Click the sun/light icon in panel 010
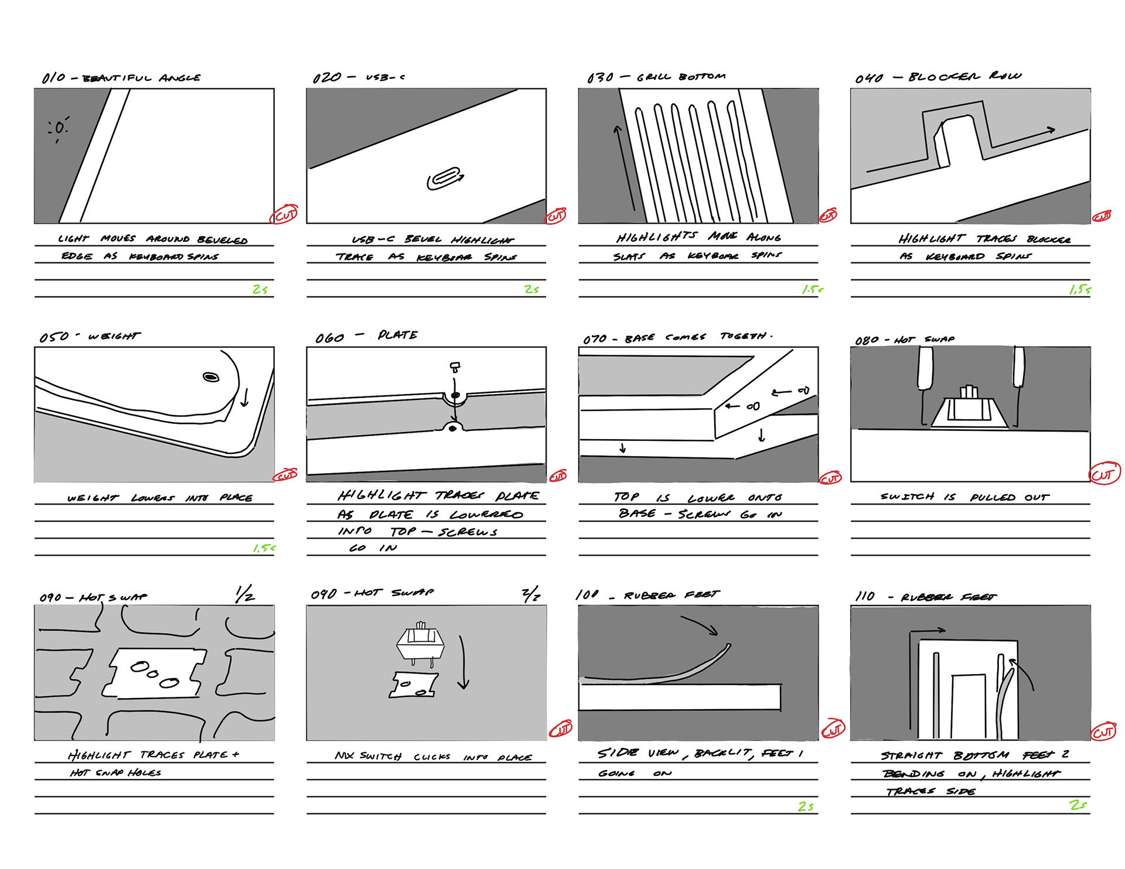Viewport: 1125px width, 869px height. pos(59,128)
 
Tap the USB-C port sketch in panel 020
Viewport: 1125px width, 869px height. pos(445,178)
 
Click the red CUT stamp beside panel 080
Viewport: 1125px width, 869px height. pos(1104,474)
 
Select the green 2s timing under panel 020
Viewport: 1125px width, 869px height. pos(531,289)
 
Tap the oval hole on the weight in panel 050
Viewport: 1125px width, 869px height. pos(211,377)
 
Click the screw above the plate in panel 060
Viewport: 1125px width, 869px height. pos(455,367)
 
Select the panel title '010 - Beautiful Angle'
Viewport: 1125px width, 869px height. pos(121,78)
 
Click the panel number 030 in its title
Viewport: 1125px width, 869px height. pos(600,78)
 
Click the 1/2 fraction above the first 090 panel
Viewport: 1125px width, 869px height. pos(244,594)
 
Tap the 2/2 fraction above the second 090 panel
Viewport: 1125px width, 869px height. pos(531,595)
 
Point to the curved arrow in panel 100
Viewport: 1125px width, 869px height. pos(700,625)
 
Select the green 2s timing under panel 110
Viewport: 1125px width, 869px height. pos(1078,805)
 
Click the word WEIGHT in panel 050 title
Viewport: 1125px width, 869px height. pos(114,336)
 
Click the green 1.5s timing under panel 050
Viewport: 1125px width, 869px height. pos(264,548)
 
